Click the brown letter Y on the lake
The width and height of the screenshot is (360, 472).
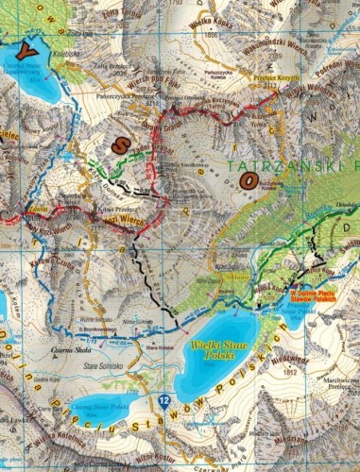(35, 44)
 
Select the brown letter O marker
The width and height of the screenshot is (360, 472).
(248, 179)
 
